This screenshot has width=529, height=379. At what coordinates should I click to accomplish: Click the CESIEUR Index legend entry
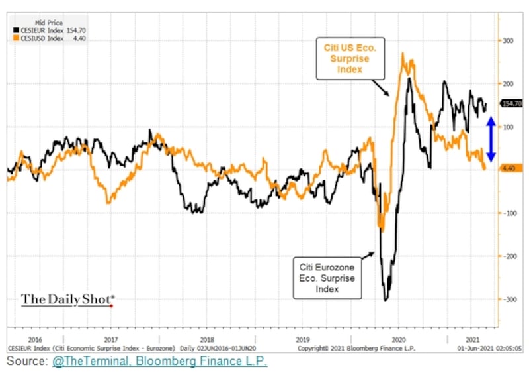(x=49, y=30)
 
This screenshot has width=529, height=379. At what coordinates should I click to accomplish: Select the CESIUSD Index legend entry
(x=49, y=38)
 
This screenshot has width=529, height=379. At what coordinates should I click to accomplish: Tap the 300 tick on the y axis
(x=508, y=41)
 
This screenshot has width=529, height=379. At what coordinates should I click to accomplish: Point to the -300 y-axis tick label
(x=509, y=299)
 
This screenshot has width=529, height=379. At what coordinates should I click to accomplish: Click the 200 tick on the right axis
(x=508, y=84)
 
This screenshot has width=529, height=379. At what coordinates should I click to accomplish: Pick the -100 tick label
(x=509, y=213)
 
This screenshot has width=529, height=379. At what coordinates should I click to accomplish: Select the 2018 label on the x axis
(x=207, y=339)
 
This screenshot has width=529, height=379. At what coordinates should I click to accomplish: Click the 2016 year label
(x=35, y=339)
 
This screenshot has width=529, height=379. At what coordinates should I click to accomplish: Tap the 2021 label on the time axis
(x=472, y=339)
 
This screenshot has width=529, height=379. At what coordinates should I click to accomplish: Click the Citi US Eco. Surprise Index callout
(x=350, y=58)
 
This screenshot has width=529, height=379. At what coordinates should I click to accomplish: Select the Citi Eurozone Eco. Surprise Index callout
(x=327, y=278)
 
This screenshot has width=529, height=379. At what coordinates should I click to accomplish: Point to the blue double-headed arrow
(x=491, y=138)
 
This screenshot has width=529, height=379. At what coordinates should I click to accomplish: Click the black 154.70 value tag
(x=512, y=103)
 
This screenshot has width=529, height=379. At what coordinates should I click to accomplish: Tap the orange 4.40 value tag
(x=509, y=168)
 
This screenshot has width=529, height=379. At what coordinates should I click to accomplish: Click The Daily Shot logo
(x=68, y=300)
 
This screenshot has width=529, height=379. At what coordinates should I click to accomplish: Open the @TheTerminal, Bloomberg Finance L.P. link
(x=159, y=361)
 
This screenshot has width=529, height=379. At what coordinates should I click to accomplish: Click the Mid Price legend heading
(x=49, y=23)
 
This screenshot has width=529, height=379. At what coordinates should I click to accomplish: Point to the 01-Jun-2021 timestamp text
(x=489, y=348)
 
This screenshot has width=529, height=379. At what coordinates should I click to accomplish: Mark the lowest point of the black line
(x=386, y=300)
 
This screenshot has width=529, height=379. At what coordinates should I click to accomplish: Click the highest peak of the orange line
(x=403, y=54)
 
